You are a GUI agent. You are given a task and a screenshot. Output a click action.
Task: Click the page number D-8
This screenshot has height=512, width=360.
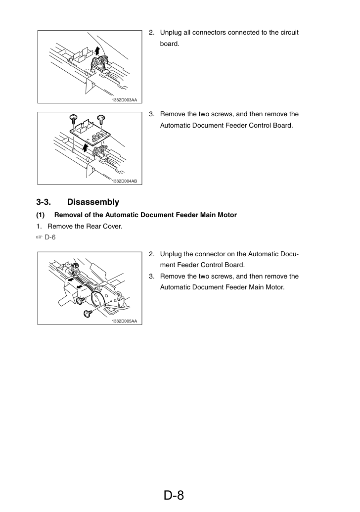tap(174, 495)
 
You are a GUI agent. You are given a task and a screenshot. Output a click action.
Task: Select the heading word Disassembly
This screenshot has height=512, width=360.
tap(93, 202)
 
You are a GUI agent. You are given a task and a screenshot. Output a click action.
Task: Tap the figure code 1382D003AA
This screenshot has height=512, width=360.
tap(124, 100)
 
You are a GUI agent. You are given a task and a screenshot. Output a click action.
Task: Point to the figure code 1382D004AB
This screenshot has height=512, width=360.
tap(124, 181)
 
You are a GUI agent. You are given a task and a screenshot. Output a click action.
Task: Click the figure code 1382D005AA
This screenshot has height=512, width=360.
tap(124, 321)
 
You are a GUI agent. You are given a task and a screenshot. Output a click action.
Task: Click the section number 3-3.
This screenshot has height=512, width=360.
tap(44, 202)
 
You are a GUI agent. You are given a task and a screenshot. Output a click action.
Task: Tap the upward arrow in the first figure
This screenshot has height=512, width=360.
tap(97, 51)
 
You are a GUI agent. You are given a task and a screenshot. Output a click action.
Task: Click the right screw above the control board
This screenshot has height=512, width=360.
tap(101, 118)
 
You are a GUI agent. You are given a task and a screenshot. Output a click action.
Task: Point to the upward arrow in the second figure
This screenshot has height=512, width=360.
tap(85, 147)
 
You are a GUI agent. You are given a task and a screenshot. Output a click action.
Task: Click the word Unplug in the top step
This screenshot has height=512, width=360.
tap(170, 33)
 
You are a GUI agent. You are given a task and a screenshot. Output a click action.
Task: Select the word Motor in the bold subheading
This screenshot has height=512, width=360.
tap(228, 215)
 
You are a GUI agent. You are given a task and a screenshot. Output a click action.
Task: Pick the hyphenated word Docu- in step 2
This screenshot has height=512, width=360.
tap(289, 254)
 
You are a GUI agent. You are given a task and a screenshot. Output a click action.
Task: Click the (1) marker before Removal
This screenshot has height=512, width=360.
tap(41, 215)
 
